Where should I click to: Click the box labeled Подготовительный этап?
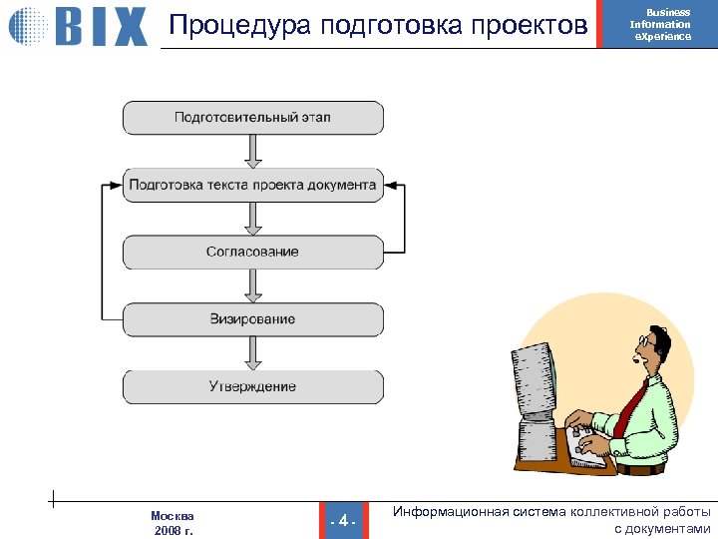click(252, 118)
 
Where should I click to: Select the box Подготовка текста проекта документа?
click(252, 185)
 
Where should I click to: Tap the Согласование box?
click(252, 252)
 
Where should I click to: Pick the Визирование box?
click(252, 319)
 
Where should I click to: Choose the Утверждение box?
click(252, 386)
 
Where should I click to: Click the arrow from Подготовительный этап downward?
click(252, 151)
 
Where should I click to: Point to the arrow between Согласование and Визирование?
click(252, 285)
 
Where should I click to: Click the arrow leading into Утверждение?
click(252, 353)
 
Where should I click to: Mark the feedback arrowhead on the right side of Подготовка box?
click(391, 185)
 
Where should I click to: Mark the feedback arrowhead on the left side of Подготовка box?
click(114, 185)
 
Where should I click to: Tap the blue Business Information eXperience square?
click(660, 25)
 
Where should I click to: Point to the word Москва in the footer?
click(173, 515)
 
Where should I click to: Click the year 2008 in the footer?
click(168, 531)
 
